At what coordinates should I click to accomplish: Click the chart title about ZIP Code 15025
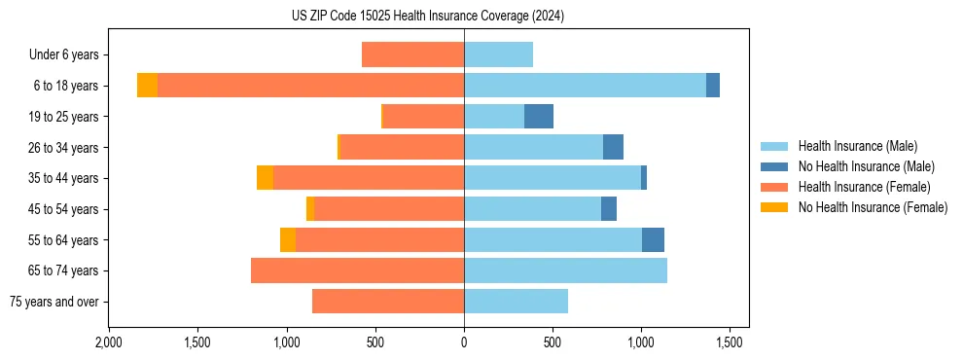(427, 16)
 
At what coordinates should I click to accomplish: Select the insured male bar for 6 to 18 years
(585, 86)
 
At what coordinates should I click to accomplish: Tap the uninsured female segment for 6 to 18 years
(147, 86)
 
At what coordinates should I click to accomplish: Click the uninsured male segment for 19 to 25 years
(538, 117)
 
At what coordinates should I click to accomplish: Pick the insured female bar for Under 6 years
(412, 54)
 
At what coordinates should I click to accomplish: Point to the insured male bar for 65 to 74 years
(565, 270)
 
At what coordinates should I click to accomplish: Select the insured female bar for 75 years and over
(388, 302)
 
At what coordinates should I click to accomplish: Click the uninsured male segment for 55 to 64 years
(653, 239)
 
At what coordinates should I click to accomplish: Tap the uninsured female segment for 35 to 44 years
(265, 178)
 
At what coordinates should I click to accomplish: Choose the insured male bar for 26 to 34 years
(533, 147)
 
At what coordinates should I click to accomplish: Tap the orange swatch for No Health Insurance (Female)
(774, 207)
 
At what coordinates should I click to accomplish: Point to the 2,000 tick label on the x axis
(108, 342)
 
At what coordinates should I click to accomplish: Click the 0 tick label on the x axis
(464, 342)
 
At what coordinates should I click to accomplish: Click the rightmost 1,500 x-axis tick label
(731, 342)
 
